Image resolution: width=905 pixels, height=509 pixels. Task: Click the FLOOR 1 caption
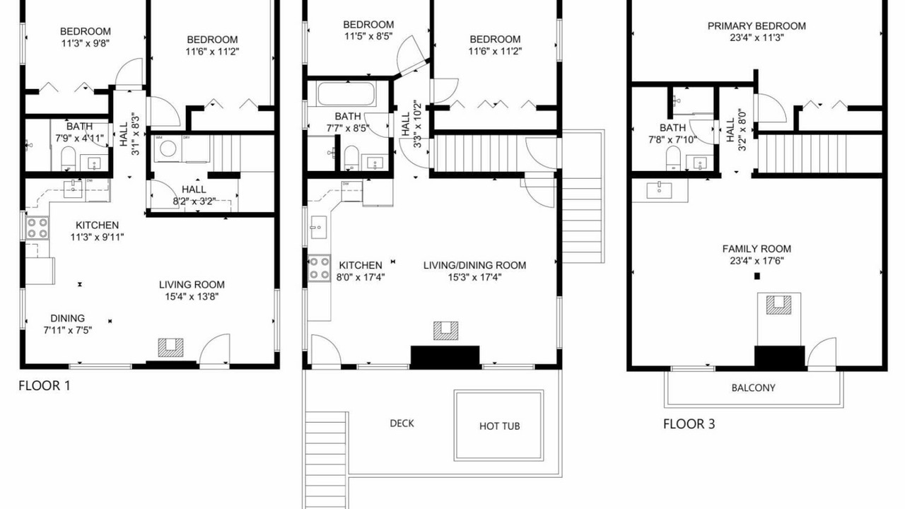point(45,386)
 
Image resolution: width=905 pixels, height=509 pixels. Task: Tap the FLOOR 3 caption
point(689,424)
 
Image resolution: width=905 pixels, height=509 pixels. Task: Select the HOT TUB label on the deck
point(499,426)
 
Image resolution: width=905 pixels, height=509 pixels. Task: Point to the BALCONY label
point(754,388)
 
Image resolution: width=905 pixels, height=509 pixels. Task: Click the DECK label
point(402,423)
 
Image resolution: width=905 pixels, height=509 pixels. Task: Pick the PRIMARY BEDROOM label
point(757,26)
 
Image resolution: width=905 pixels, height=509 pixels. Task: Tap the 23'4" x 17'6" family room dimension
point(757,261)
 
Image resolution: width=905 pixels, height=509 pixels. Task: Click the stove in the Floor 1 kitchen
point(37,228)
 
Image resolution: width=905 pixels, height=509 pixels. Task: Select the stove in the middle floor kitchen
point(319,268)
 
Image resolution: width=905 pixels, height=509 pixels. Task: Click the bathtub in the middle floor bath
point(346,94)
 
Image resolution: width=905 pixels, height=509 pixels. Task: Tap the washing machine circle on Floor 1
point(168,148)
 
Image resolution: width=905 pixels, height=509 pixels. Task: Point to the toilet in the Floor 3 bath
point(673,158)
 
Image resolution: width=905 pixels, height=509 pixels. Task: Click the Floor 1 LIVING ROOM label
point(192,285)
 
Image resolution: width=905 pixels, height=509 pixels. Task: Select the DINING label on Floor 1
point(67,318)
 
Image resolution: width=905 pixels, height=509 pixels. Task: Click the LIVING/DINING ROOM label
point(474,265)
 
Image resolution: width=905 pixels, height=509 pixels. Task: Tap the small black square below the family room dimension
point(757,276)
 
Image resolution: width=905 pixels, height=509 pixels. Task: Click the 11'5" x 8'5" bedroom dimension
point(368,36)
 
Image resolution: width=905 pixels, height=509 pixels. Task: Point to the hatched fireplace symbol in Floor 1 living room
point(170,347)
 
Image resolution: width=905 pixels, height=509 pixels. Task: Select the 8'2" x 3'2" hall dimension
point(194,201)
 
